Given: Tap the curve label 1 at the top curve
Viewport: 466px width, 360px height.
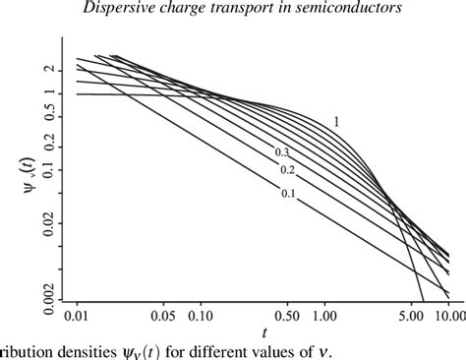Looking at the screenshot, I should click(335, 122).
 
